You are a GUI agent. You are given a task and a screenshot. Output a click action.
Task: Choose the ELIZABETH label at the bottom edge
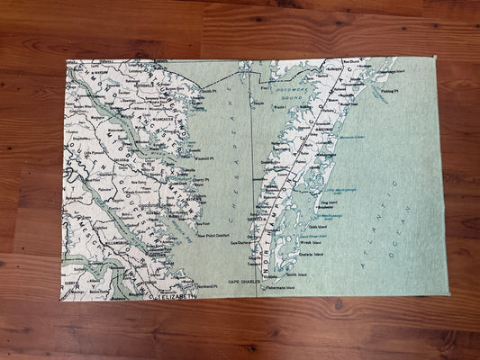174,295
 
